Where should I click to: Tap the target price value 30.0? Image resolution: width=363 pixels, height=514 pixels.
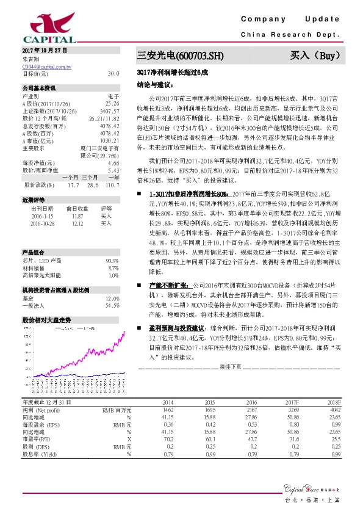113,73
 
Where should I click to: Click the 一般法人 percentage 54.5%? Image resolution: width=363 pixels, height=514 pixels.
112,305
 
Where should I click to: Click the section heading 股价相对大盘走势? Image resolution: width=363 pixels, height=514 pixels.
46,319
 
